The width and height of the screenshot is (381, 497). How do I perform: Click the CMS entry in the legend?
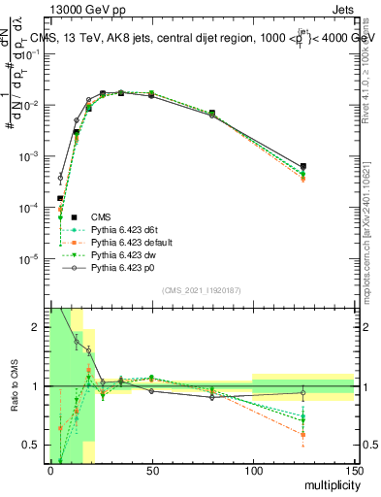pos(100,215)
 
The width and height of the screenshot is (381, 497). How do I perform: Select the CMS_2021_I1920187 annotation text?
pos(200,290)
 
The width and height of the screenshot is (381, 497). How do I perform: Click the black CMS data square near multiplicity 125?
pos(303,166)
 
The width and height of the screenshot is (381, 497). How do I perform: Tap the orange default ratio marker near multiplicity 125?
pos(303,434)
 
